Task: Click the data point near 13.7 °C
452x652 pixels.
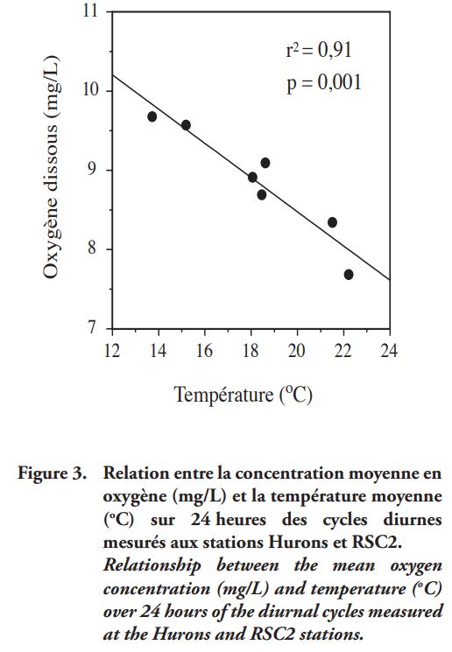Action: (x=152, y=117)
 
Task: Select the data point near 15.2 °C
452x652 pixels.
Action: (x=186, y=125)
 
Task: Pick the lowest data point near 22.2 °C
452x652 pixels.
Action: (x=349, y=275)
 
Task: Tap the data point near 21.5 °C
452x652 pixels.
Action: (x=332, y=222)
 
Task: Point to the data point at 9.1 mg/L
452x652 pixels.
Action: (x=265, y=163)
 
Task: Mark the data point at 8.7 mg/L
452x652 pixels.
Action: (x=262, y=194)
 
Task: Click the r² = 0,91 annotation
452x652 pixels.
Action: (x=319, y=50)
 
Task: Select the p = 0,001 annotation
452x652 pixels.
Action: (x=324, y=83)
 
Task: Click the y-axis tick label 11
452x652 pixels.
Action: (x=90, y=11)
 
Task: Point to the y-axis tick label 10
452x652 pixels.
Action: (x=90, y=90)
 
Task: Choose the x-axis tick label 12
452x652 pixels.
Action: (x=111, y=351)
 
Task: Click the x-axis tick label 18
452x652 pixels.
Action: (x=251, y=351)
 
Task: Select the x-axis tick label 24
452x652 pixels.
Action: (x=389, y=351)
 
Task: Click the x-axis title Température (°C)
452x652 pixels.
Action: (x=243, y=395)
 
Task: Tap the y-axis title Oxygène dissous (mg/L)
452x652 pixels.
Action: (x=52, y=166)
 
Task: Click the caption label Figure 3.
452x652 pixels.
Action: (x=52, y=473)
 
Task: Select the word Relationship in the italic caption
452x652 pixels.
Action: (x=152, y=566)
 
